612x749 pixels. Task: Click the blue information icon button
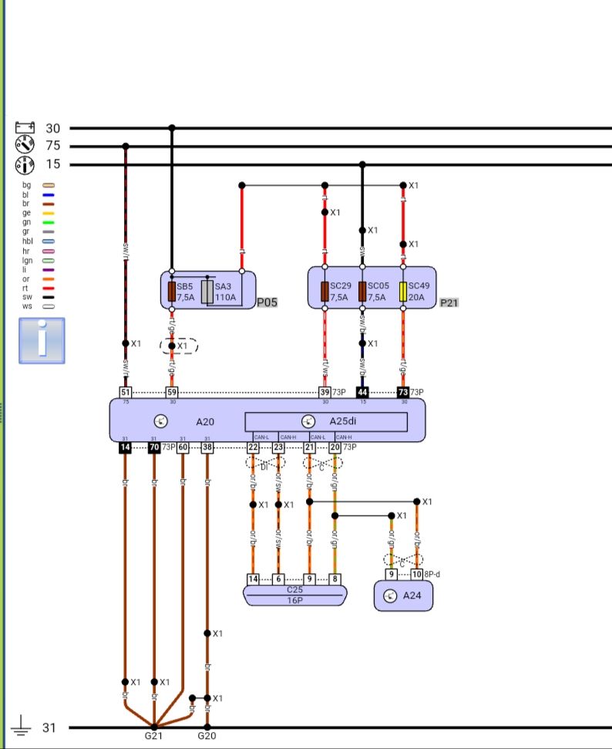(42, 340)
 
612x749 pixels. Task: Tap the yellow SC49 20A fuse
(403, 292)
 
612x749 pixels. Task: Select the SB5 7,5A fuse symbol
(172, 292)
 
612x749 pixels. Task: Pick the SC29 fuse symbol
(324, 292)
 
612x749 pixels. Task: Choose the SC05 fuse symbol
(362, 292)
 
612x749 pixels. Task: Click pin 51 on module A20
(126, 392)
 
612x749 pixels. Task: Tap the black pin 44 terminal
(362, 392)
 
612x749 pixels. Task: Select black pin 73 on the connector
(402, 392)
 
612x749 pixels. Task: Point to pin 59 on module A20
(172, 392)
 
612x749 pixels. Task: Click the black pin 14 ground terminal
(125, 447)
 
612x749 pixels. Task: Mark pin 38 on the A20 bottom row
(207, 447)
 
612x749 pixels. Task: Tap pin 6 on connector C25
(278, 579)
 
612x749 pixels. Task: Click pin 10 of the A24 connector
(417, 575)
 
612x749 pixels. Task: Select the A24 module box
(403, 596)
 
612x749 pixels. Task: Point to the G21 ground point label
(154, 736)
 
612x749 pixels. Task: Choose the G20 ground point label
(207, 736)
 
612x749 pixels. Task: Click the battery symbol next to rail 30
(25, 128)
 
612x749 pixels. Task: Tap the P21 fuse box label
(449, 302)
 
